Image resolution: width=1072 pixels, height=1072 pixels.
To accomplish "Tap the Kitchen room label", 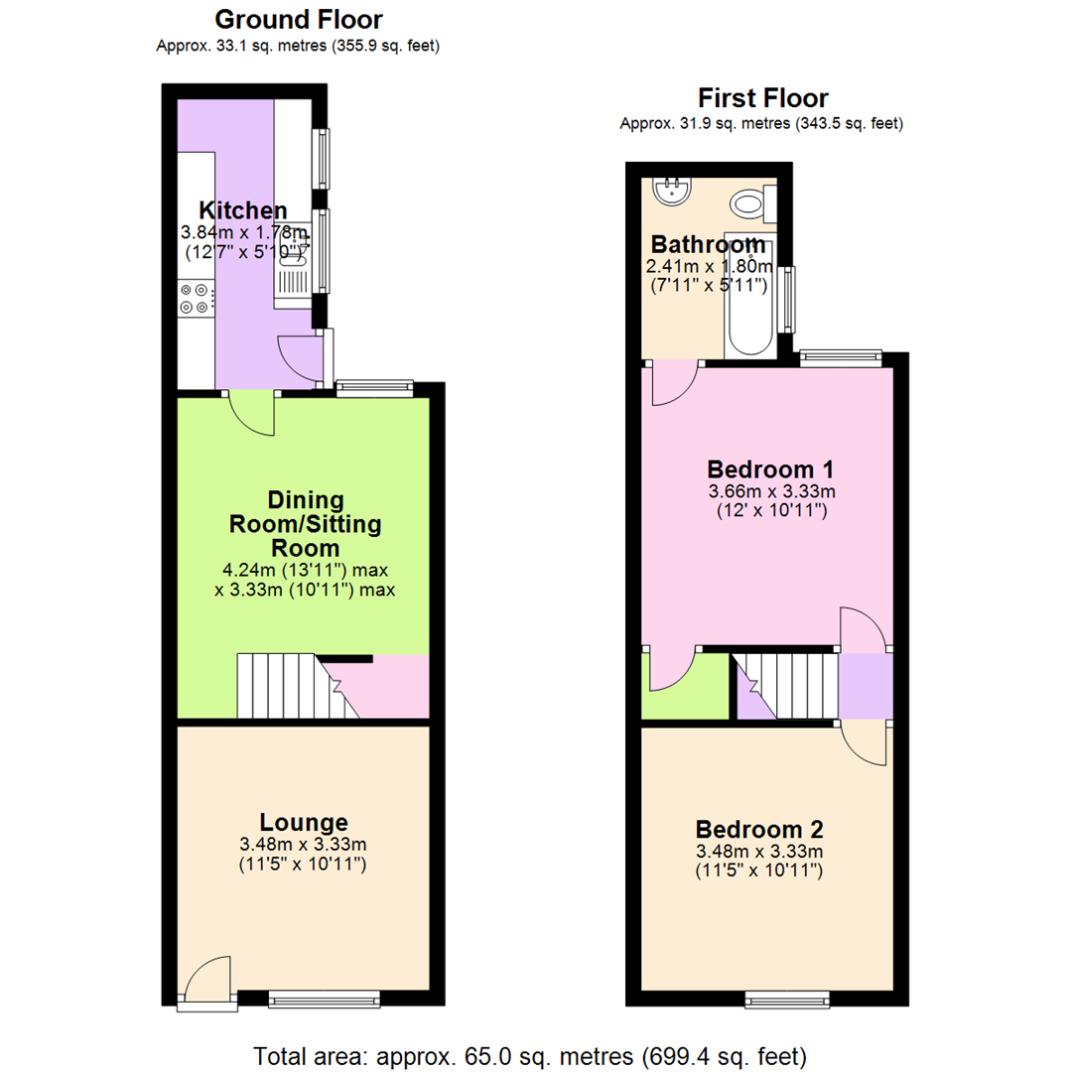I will click(x=243, y=210).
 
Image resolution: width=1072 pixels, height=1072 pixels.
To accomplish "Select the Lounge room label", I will click(x=304, y=822).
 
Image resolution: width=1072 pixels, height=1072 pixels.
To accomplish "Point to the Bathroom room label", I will click(x=708, y=244).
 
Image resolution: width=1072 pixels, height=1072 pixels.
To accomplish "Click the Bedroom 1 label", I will click(x=769, y=469).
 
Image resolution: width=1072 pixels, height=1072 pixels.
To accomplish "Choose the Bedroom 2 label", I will click(x=759, y=829).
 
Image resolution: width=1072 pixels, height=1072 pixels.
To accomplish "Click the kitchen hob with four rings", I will click(x=195, y=299).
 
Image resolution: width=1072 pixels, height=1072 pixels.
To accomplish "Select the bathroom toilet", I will click(x=750, y=205).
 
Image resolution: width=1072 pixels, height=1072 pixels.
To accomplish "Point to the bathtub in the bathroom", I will click(x=750, y=298).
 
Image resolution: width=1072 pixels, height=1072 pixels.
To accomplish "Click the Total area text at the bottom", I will click(x=530, y=1054).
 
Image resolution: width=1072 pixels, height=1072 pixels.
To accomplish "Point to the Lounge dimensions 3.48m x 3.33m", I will click(x=304, y=845).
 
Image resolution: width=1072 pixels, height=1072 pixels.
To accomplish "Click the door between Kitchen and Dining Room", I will click(x=252, y=411).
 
